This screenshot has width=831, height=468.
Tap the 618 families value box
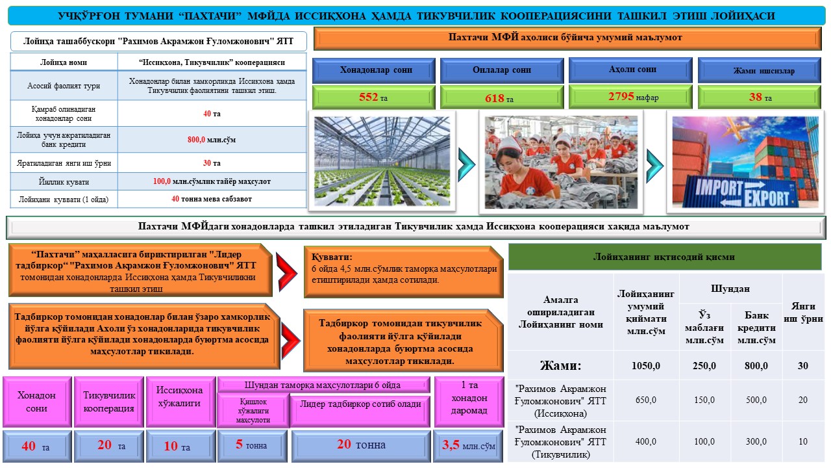[501, 97]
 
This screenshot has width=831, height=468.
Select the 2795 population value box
[630, 97]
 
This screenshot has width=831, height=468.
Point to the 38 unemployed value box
[758, 97]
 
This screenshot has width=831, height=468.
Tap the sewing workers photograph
[561, 162]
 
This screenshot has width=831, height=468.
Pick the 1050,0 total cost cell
[646, 366]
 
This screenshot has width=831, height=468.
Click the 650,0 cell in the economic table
[646, 400]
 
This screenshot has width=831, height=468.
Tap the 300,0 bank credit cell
[756, 442]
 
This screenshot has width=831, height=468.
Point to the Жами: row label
[561, 366]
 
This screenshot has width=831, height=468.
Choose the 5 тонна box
[251, 446]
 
